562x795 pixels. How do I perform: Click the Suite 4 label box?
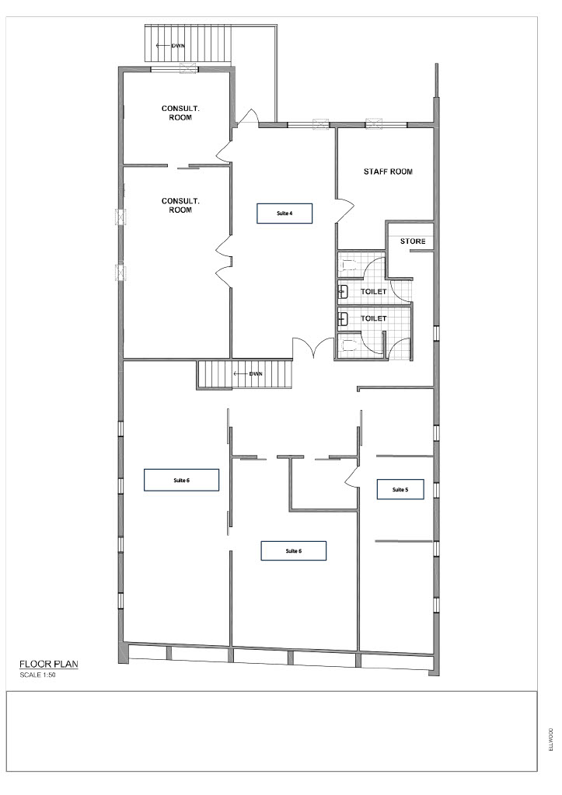click(x=284, y=214)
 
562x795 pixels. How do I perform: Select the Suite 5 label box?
click(x=400, y=489)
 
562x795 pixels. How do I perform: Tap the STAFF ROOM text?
click(x=388, y=172)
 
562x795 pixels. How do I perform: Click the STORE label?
click(x=413, y=241)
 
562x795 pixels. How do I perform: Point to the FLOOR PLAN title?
click(x=49, y=665)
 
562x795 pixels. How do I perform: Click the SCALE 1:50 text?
click(x=37, y=675)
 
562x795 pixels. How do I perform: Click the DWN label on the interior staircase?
click(x=256, y=374)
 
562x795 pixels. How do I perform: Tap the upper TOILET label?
click(x=374, y=292)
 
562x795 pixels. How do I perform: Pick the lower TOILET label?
click(x=374, y=318)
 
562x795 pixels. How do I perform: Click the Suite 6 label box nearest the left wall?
click(x=181, y=480)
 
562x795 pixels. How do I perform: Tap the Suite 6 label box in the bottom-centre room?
click(x=294, y=550)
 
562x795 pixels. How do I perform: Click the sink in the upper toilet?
click(x=344, y=292)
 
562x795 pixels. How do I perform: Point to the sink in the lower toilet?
click(x=344, y=318)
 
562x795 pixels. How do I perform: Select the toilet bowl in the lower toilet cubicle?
click(x=349, y=346)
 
